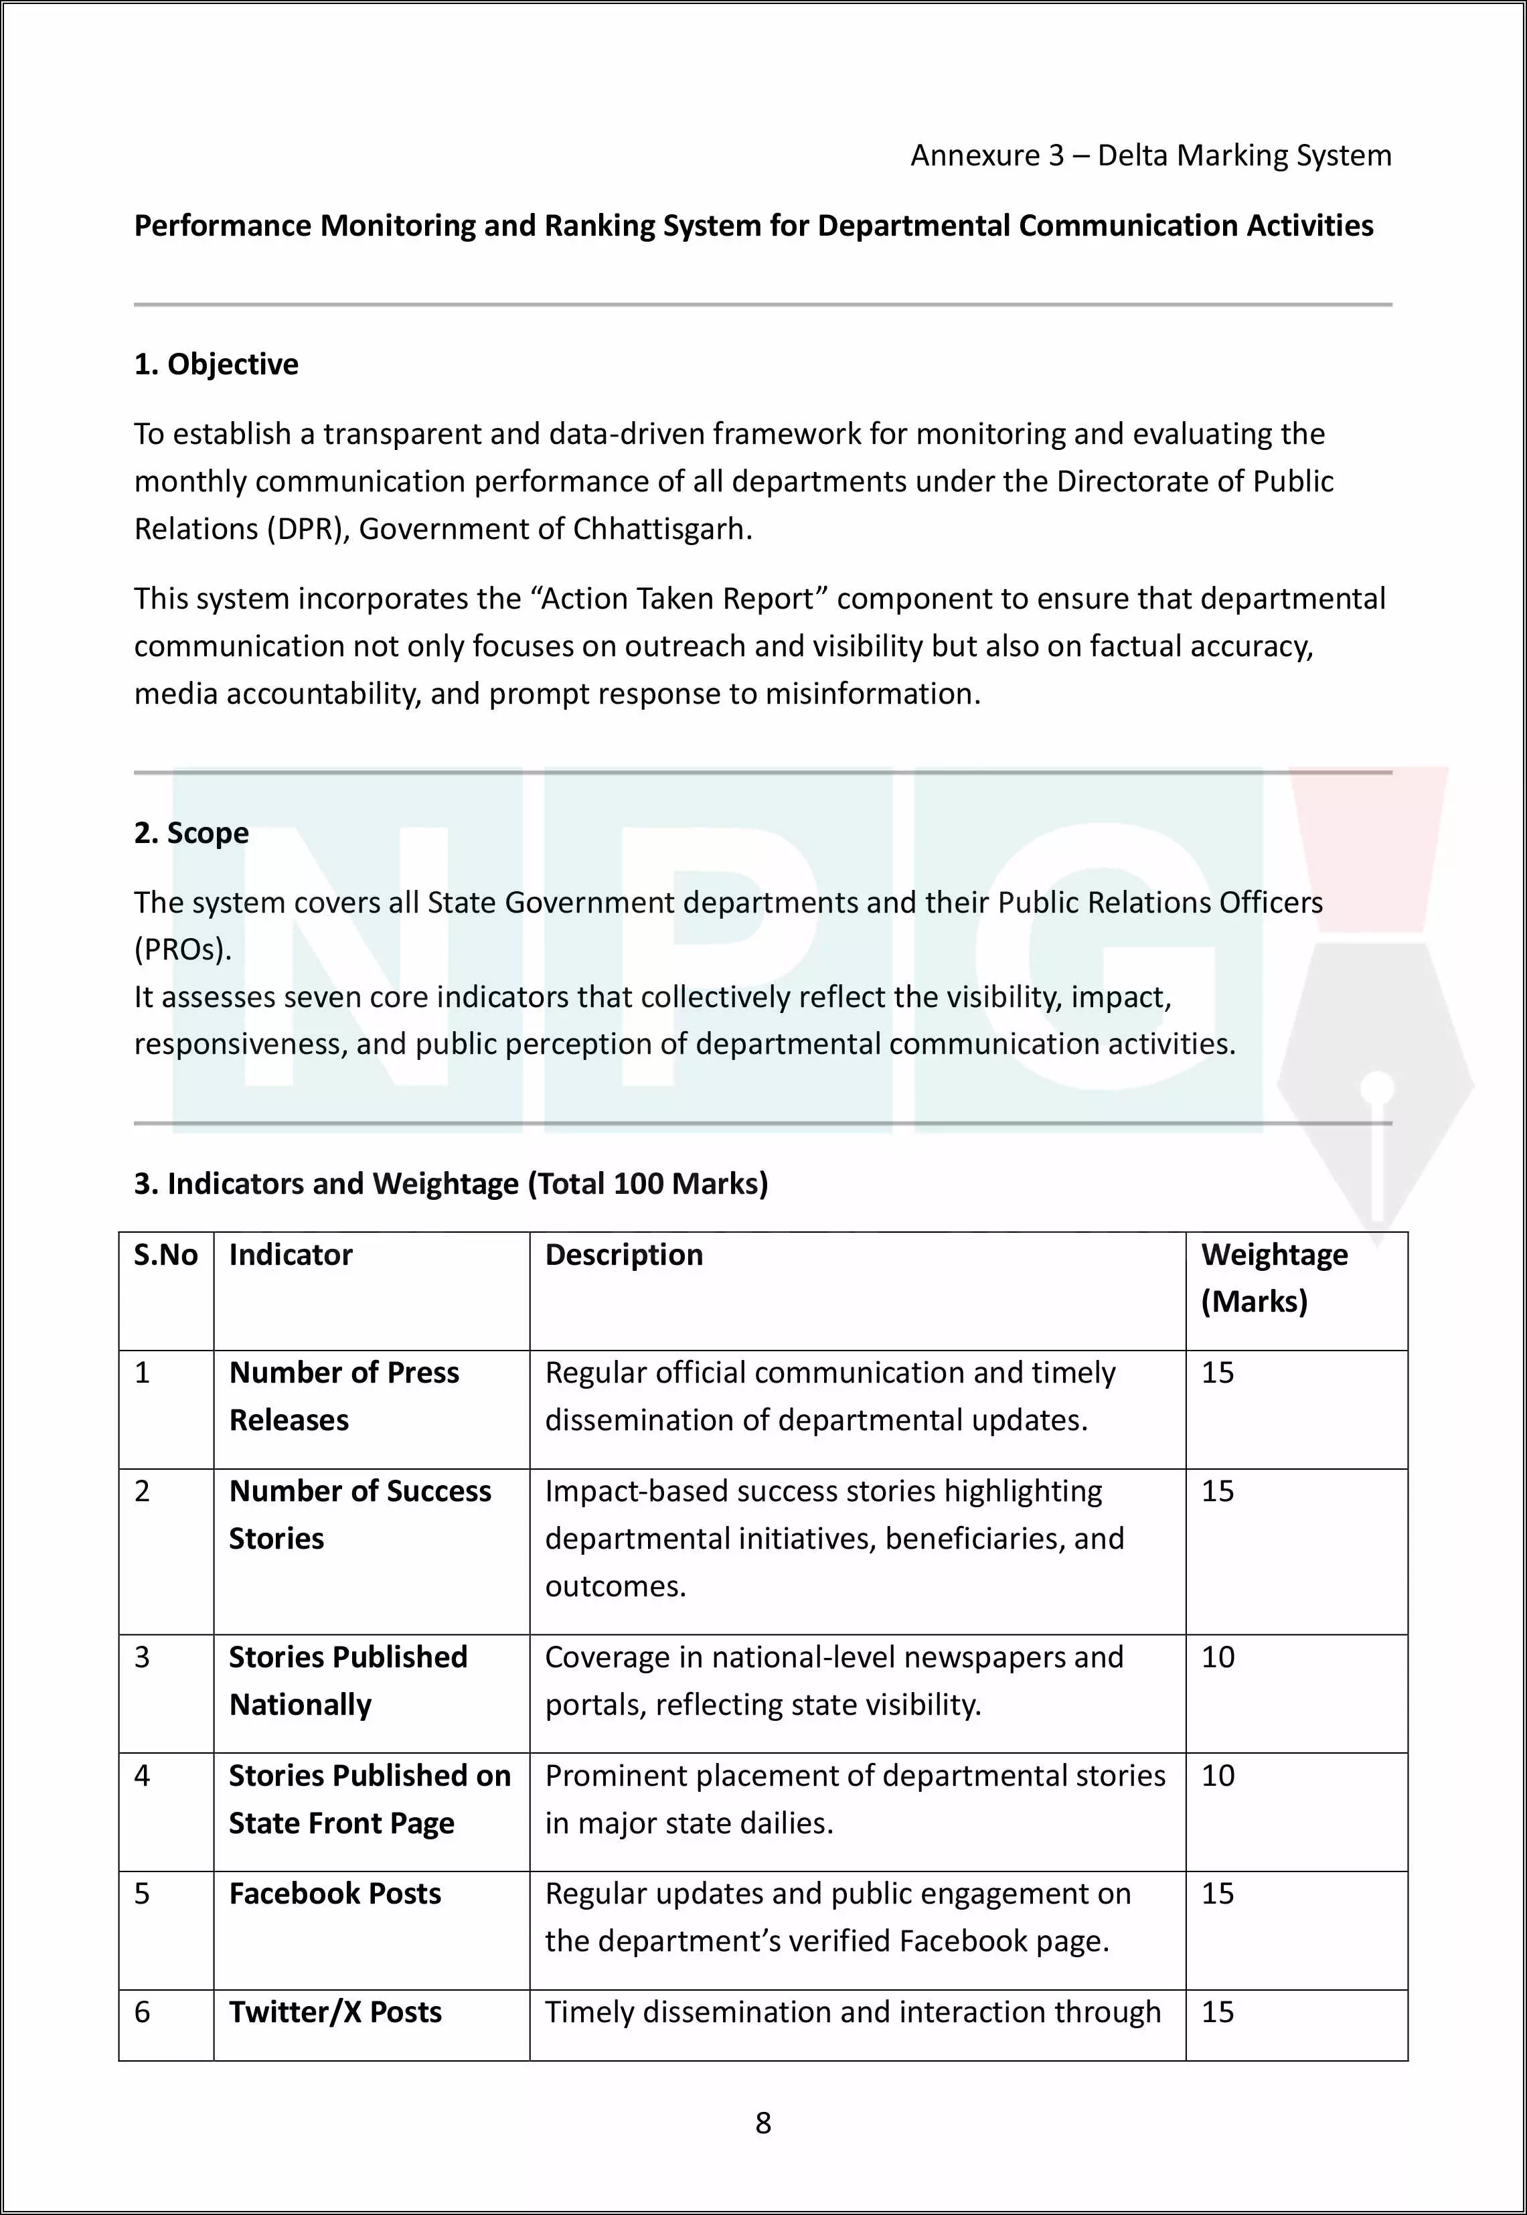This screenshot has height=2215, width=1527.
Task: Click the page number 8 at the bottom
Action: tap(762, 2122)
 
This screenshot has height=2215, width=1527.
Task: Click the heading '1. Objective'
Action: tap(216, 364)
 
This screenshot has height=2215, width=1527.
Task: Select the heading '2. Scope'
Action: tap(191, 834)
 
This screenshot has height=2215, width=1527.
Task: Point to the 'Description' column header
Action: tap(624, 1254)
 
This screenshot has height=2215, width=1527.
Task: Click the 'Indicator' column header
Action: tap(291, 1254)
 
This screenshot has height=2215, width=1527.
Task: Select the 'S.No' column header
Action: tap(165, 1254)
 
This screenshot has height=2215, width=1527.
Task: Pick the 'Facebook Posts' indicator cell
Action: tap(335, 1894)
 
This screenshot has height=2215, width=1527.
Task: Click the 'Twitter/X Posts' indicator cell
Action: tap(335, 2012)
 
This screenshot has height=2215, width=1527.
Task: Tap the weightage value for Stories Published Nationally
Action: tap(1218, 1657)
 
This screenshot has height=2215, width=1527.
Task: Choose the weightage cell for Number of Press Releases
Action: tap(1218, 1373)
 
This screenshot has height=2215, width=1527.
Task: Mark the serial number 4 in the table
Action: tap(143, 1776)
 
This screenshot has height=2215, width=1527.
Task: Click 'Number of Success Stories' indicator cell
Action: tap(359, 1515)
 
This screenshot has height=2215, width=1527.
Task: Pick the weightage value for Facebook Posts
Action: tap(1218, 1894)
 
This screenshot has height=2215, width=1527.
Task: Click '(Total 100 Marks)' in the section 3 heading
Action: tap(648, 1185)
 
